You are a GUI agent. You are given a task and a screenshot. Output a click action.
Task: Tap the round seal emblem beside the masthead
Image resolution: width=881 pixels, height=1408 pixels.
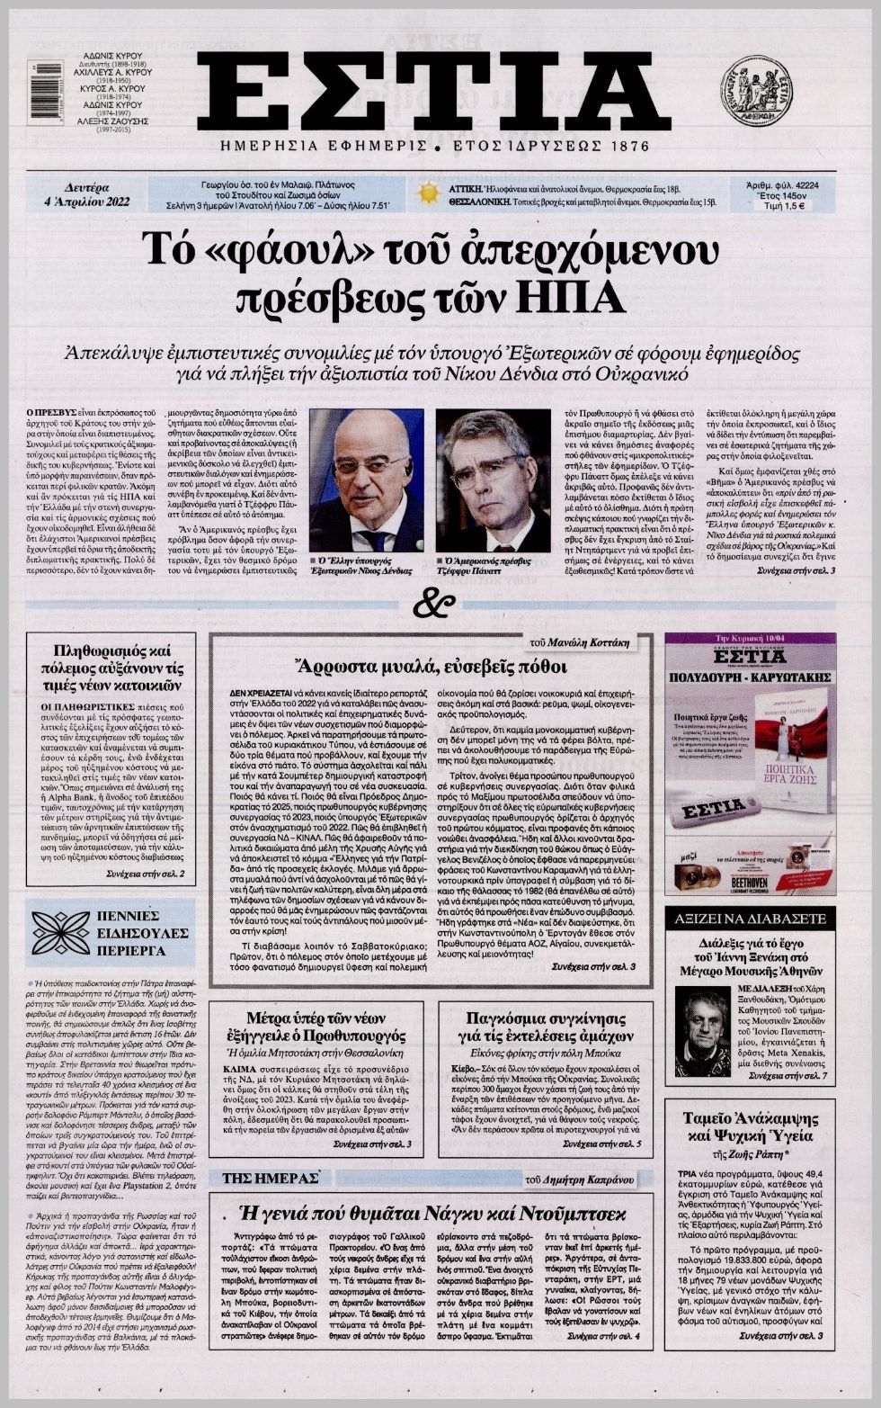756,91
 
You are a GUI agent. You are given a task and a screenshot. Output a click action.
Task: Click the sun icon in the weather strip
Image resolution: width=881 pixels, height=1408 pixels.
428,193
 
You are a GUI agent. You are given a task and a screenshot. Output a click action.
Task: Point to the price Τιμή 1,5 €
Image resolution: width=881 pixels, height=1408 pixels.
782,205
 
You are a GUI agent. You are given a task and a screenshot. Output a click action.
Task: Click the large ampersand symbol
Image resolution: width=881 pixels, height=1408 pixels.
434,604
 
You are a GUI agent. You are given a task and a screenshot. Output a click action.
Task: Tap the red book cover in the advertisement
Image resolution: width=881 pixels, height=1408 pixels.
791,747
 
